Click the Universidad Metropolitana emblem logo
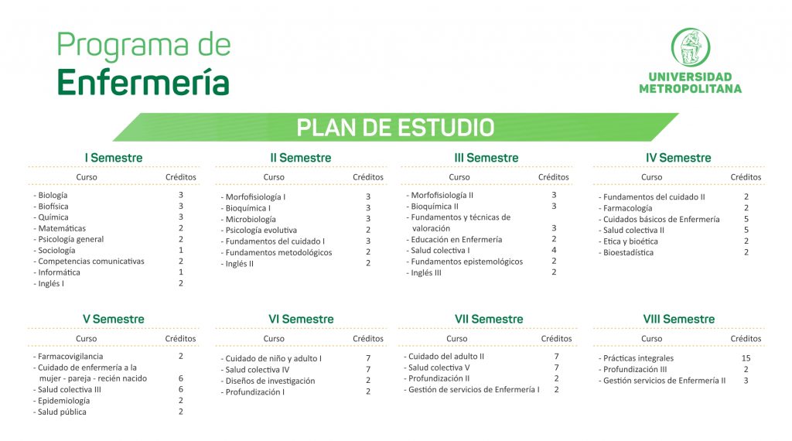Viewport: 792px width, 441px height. (691, 47)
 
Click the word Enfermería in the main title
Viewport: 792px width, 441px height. (143, 83)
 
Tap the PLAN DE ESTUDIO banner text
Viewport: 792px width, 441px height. (395, 128)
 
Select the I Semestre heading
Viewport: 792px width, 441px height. (114, 158)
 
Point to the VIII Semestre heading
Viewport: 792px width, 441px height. (679, 320)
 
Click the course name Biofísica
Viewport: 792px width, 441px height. (53, 206)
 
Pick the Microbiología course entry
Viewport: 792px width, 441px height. (251, 219)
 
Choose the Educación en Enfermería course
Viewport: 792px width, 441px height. (456, 239)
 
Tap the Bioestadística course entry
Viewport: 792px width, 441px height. (628, 252)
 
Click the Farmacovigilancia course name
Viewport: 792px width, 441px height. (70, 356)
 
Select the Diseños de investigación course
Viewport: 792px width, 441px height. (270, 381)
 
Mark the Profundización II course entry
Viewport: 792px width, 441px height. (439, 378)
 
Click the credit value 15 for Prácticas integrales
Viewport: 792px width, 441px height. (746, 358)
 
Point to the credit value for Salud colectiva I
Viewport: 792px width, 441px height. (554, 250)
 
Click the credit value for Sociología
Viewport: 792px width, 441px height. (181, 250)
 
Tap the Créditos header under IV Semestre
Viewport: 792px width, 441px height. (746, 177)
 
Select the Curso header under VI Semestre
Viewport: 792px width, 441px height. (274, 338)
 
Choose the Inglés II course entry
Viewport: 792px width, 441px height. (240, 264)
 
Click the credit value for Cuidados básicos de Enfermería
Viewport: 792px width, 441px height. (746, 219)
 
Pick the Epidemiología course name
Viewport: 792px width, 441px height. (63, 401)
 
